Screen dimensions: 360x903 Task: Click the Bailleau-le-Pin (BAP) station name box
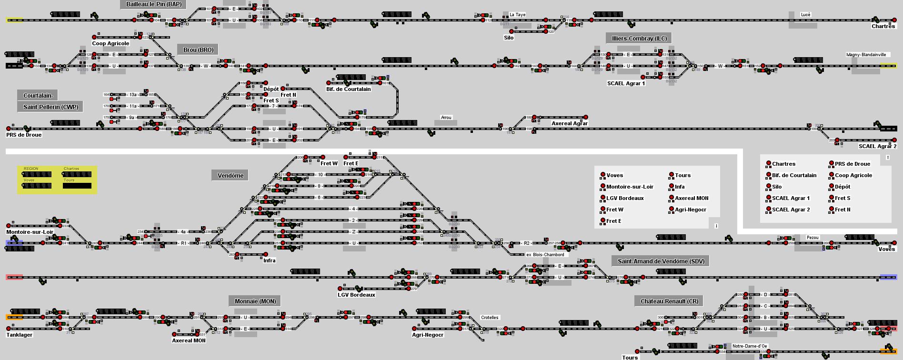click(154, 4)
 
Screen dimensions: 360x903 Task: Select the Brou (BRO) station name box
click(198, 50)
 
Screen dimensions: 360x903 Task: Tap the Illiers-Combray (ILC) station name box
click(639, 39)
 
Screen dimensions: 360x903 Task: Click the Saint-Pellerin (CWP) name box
click(50, 107)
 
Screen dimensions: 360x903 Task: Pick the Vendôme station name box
click(231, 176)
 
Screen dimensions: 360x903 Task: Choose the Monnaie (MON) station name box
click(255, 301)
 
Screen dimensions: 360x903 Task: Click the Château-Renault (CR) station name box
click(669, 301)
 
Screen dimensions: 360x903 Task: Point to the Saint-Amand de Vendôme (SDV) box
click(661, 261)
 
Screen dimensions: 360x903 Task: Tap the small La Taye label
click(517, 15)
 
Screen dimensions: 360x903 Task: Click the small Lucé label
click(805, 15)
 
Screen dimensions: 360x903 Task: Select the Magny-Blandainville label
click(866, 55)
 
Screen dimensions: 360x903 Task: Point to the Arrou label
click(446, 118)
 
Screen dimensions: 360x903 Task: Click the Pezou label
click(813, 238)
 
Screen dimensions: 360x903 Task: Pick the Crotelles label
click(490, 318)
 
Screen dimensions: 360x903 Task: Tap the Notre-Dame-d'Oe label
click(750, 346)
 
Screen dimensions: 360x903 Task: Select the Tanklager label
click(20, 335)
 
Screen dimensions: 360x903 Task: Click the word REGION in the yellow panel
click(31, 169)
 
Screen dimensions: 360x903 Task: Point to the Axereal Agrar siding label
click(570, 123)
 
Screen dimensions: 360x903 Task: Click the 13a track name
click(133, 95)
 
